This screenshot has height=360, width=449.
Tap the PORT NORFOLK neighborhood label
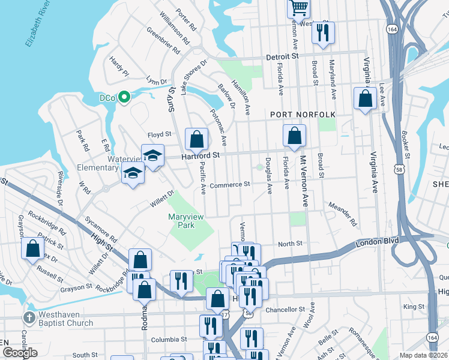302,114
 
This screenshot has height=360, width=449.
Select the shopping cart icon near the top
298,8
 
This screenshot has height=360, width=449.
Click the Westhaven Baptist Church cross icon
28,316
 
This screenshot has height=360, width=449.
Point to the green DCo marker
124,96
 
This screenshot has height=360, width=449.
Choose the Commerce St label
229,185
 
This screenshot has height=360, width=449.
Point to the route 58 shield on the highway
399,170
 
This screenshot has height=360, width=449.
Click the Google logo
20,353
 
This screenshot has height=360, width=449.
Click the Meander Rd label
342,214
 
